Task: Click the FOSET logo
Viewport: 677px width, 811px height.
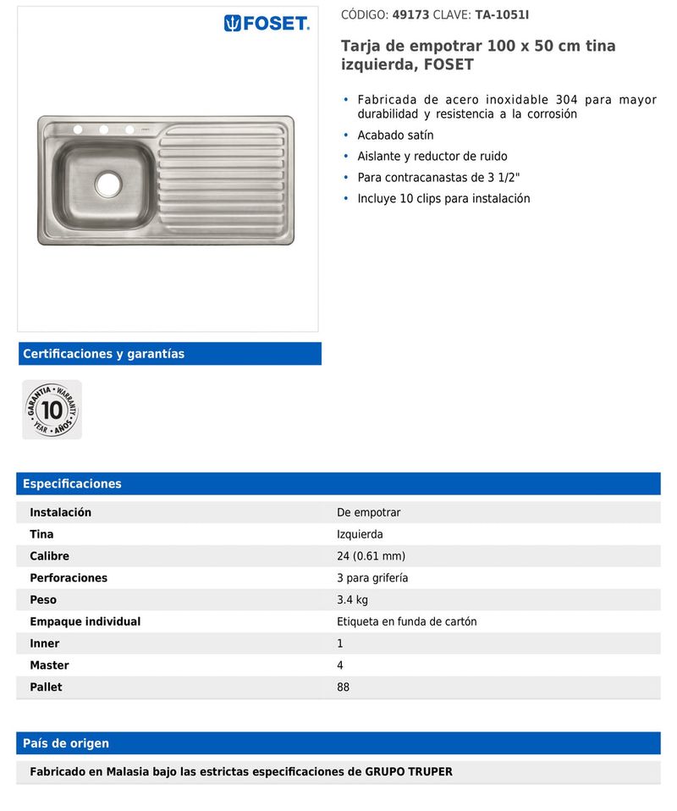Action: click(267, 24)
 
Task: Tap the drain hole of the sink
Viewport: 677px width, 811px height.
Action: click(108, 182)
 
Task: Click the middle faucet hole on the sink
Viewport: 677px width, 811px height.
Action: click(104, 130)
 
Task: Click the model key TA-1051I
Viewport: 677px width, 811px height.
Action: click(502, 15)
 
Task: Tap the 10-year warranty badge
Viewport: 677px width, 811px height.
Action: click(52, 410)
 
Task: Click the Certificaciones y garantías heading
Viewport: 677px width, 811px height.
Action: click(103, 354)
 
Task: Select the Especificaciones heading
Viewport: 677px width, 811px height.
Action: click(72, 484)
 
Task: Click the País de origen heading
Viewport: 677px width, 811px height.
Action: click(66, 743)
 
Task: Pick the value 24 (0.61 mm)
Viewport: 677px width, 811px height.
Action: click(371, 556)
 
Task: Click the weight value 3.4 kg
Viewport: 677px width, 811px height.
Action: click(352, 600)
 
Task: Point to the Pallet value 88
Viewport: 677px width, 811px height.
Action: click(343, 687)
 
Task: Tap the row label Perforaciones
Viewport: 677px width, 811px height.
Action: click(69, 578)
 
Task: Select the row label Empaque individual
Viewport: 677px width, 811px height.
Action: click(85, 621)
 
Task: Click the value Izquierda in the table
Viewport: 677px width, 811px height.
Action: click(360, 534)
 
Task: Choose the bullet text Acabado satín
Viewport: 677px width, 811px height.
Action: click(395, 135)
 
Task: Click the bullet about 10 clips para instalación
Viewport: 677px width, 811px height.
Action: click(443, 199)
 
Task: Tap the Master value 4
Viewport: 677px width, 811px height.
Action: click(340, 665)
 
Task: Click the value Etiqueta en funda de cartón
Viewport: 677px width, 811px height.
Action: click(406, 621)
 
